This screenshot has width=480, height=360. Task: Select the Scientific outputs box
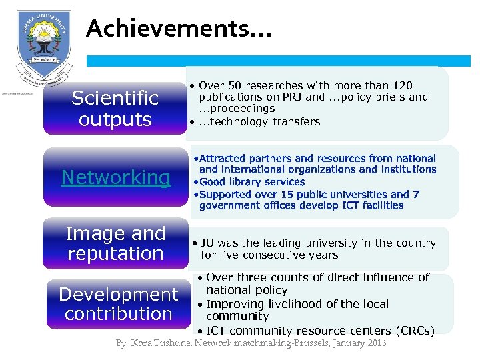(115, 109)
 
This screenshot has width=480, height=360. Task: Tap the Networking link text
(116, 177)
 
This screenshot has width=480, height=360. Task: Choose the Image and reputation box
(115, 243)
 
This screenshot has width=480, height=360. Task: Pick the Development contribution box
(119, 304)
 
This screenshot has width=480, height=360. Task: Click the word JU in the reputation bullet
(207, 243)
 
